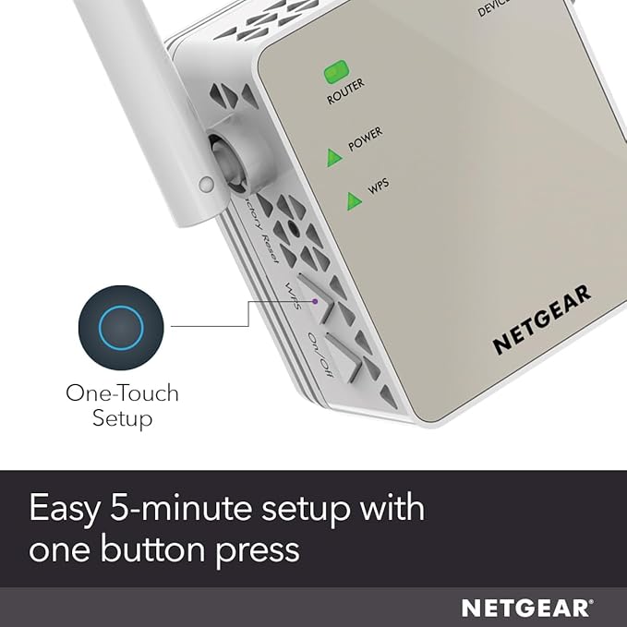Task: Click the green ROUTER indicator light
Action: click(335, 70)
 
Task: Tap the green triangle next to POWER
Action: click(334, 158)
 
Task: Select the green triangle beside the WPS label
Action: click(354, 200)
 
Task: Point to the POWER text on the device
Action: click(366, 139)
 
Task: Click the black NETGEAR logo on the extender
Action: click(541, 320)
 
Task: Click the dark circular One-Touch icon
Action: click(121, 327)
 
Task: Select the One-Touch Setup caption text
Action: click(122, 405)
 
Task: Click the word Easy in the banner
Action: click(71, 509)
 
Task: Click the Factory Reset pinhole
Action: click(294, 226)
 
